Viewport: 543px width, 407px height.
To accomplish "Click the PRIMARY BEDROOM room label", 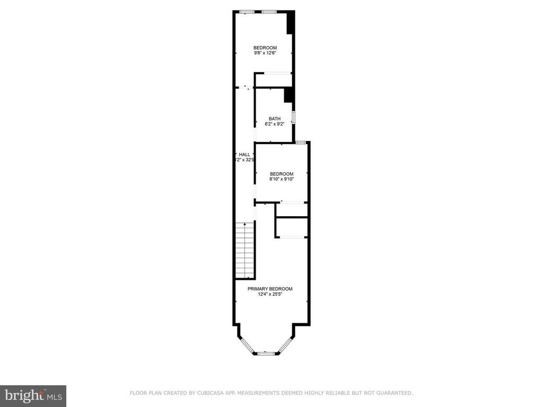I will pyautogui.click(x=270, y=289).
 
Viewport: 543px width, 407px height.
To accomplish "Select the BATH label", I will pyautogui.click(x=274, y=119).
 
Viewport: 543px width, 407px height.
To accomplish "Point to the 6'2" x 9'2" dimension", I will pyautogui.click(x=274, y=124).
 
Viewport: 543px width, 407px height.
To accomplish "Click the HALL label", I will pyautogui.click(x=244, y=154).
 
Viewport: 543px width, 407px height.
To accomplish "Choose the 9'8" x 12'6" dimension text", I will pyautogui.click(x=265, y=53).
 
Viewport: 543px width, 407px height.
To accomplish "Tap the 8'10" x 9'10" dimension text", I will pyautogui.click(x=281, y=179).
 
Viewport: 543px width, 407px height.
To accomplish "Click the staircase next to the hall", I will pyautogui.click(x=245, y=252).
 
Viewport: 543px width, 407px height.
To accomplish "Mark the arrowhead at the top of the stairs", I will pyautogui.click(x=245, y=224).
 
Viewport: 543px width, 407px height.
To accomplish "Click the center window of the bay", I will pyautogui.click(x=265, y=352).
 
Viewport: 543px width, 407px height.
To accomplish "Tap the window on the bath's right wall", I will pyautogui.click(x=293, y=117).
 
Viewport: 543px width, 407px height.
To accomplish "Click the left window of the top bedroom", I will pyautogui.click(x=247, y=12).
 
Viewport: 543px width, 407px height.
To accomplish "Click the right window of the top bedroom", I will pyautogui.click(x=268, y=12).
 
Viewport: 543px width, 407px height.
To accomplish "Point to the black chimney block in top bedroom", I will pyautogui.click(x=290, y=24).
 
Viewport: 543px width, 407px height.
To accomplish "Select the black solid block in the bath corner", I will pyautogui.click(x=288, y=95).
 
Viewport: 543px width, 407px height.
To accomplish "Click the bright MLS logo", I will pyautogui.click(x=33, y=395).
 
